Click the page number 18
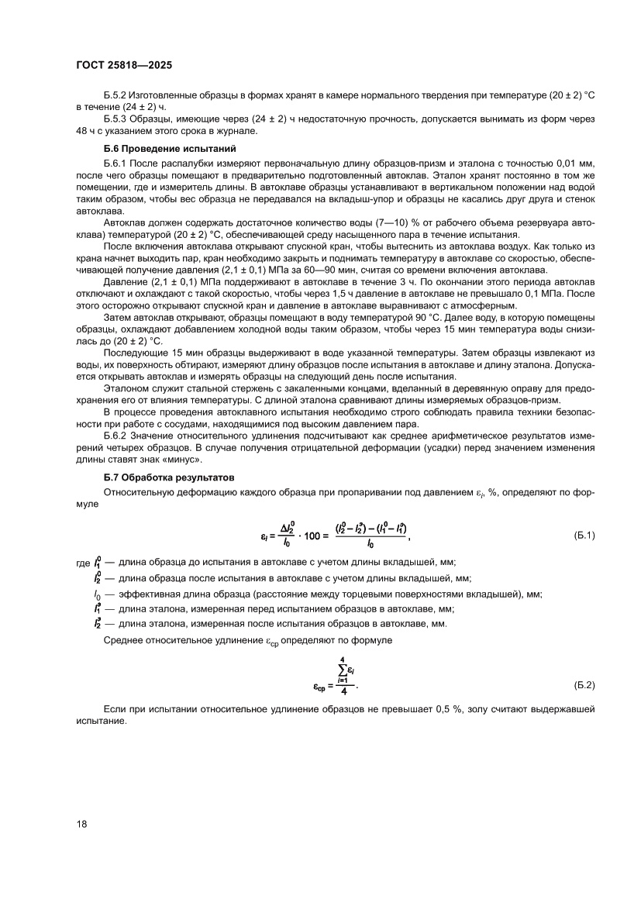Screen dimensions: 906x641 pyautogui.click(x=82, y=824)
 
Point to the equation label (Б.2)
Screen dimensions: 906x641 pyautogui.click(x=583, y=685)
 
